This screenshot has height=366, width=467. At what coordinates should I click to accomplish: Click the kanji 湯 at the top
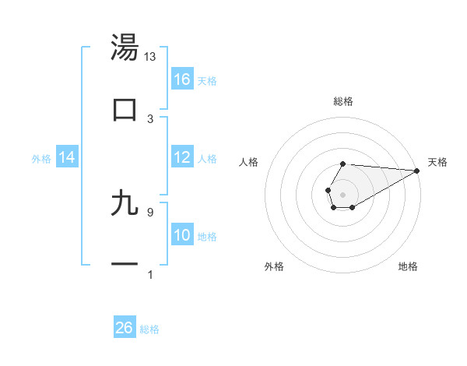pyautogui.click(x=125, y=48)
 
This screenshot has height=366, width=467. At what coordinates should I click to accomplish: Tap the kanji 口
pyautogui.click(x=125, y=110)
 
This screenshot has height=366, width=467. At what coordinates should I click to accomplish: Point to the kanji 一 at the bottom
pyautogui.click(x=125, y=265)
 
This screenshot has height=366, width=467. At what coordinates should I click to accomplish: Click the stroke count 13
pyautogui.click(x=150, y=57)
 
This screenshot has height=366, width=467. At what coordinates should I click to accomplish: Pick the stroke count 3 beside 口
pyautogui.click(x=150, y=119)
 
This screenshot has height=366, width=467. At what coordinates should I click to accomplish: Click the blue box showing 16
pyautogui.click(x=182, y=79)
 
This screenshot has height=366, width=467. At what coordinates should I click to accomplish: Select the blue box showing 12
pyautogui.click(x=182, y=157)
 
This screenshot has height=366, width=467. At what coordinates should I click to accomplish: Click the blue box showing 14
pyautogui.click(x=67, y=157)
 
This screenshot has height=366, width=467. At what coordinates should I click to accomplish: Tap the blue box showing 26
pyautogui.click(x=125, y=328)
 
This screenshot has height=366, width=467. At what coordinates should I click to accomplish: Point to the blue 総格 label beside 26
pyautogui.click(x=149, y=329)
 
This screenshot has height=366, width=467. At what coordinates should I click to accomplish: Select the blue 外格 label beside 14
pyautogui.click(x=41, y=158)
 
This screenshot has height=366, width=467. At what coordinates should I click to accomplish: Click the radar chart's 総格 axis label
pyautogui.click(x=342, y=101)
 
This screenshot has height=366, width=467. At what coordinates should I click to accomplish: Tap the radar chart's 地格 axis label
pyautogui.click(x=408, y=266)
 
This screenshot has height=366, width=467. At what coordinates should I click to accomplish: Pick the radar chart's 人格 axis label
pyautogui.click(x=249, y=162)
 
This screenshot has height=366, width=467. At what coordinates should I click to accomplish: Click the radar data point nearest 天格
pyautogui.click(x=417, y=171)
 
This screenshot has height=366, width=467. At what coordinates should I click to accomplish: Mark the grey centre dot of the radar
pyautogui.click(x=342, y=193)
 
